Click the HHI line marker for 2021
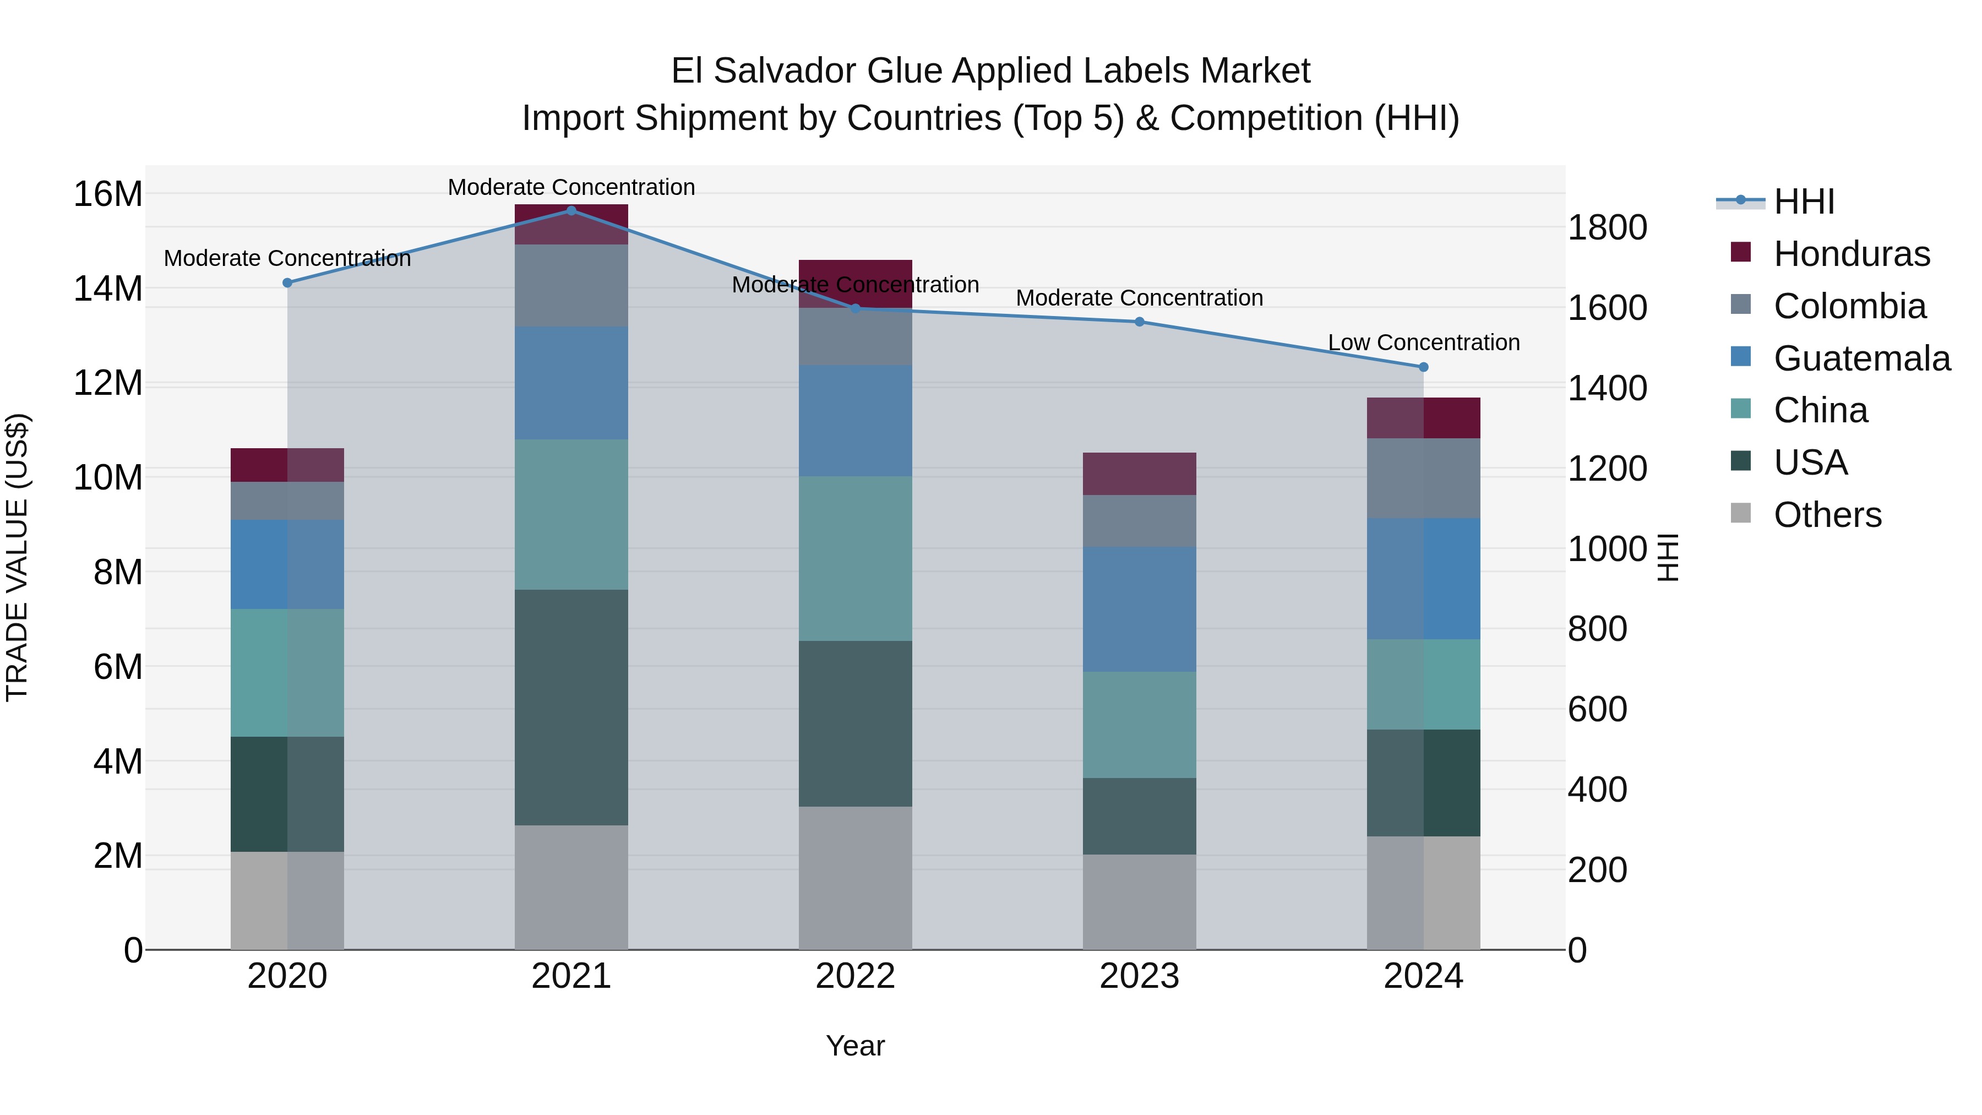(571, 210)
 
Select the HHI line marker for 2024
(1423, 367)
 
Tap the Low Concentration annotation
(1423, 342)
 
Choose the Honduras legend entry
(1851, 254)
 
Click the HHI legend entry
(1804, 202)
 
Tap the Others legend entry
(1827, 515)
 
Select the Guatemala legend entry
(1861, 358)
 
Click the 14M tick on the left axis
(108, 289)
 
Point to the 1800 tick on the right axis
(1607, 228)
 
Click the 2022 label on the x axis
(855, 976)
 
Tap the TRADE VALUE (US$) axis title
(17, 557)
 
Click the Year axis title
(855, 1046)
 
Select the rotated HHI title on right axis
(1667, 557)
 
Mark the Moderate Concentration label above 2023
(1140, 298)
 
